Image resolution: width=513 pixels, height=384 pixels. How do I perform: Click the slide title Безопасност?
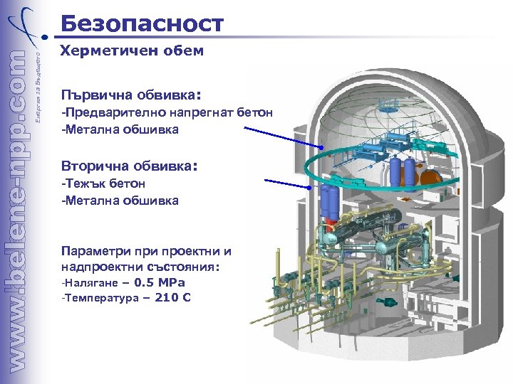pyautogui.click(x=142, y=23)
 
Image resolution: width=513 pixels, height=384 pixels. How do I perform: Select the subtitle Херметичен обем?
pyautogui.click(x=132, y=50)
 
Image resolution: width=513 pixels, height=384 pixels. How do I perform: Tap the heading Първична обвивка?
pyautogui.click(x=132, y=94)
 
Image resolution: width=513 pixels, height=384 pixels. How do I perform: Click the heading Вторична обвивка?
pyautogui.click(x=128, y=166)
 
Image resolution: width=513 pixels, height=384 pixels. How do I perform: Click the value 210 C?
pyautogui.click(x=172, y=297)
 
